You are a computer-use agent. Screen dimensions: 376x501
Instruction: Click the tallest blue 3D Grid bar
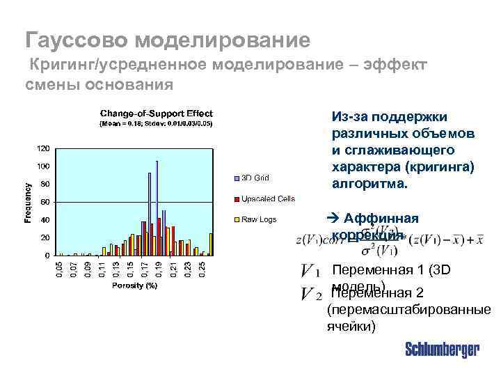[157, 209]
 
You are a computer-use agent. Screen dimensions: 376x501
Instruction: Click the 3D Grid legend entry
[255, 177]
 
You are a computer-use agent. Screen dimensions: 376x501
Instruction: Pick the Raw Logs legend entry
[258, 220]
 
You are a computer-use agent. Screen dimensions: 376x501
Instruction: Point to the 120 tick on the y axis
[43, 148]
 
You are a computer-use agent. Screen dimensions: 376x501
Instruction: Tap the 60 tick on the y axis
[45, 202]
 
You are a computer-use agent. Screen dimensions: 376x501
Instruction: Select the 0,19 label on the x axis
[159, 269]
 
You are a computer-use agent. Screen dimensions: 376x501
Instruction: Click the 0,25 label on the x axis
[202, 269]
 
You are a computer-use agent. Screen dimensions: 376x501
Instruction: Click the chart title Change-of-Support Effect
[157, 113]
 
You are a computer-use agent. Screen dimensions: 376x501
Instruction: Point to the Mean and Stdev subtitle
[157, 123]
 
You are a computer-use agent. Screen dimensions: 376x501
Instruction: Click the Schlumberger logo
[442, 350]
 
